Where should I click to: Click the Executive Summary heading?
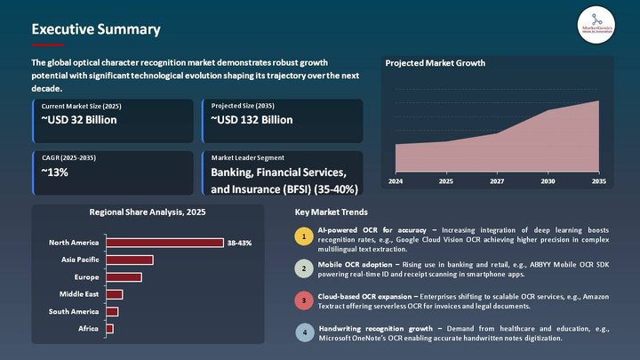pyautogui.click(x=96, y=29)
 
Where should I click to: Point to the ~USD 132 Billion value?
pyautogui.click(x=252, y=120)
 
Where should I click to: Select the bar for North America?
pyautogui.click(x=164, y=243)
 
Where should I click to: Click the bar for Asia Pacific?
pyautogui.click(x=129, y=260)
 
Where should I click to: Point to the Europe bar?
pyautogui.click(x=124, y=277)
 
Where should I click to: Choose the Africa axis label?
pyautogui.click(x=87, y=329)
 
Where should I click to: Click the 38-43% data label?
pyautogui.click(x=240, y=243)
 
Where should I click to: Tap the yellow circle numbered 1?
pyautogui.click(x=304, y=237)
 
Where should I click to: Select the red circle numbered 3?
pyautogui.click(x=304, y=300)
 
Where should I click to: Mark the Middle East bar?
pyautogui.click(x=114, y=294)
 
